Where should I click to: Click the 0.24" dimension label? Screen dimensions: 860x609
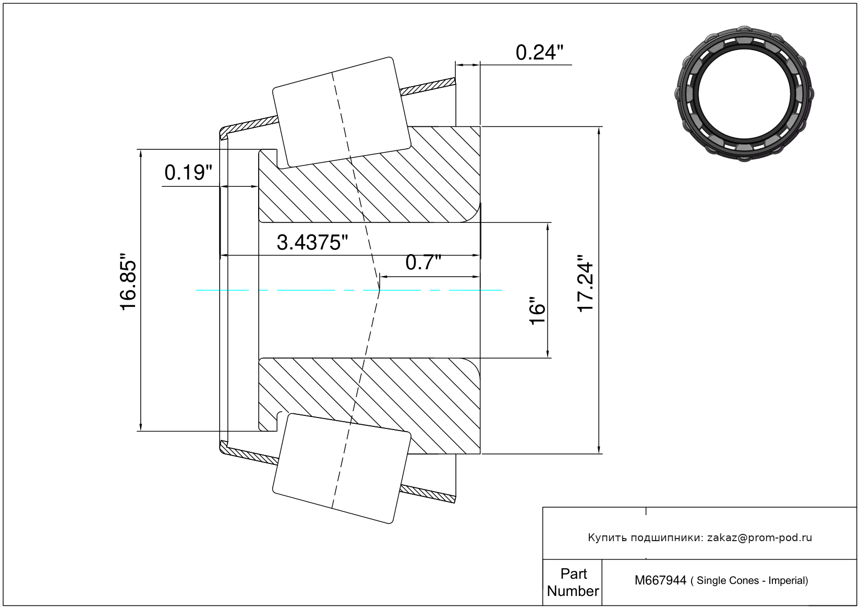pyautogui.click(x=539, y=53)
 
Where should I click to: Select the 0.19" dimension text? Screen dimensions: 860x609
pyautogui.click(x=188, y=173)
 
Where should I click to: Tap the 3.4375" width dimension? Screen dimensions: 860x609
pyautogui.click(x=312, y=243)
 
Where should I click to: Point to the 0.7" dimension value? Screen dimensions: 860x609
pyautogui.click(x=423, y=262)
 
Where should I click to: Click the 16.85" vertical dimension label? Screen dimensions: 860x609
pyautogui.click(x=128, y=282)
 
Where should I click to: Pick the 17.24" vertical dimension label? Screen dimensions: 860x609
pyautogui.click(x=585, y=283)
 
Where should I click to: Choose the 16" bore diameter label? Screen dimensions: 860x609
pyautogui.click(x=537, y=311)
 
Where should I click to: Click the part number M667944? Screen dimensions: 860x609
pyautogui.click(x=660, y=580)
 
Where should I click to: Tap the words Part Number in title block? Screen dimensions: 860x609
pyautogui.click(x=573, y=582)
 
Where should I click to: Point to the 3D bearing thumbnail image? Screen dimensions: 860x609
pyautogui.click(x=744, y=94)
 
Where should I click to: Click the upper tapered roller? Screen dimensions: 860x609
pyautogui.click(x=342, y=112)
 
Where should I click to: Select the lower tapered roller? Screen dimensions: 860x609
pyautogui.click(x=342, y=469)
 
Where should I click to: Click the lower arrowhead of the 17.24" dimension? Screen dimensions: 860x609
pyautogui.click(x=599, y=449)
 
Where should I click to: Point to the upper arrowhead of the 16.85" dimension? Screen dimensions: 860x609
pyautogui.click(x=141, y=153)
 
